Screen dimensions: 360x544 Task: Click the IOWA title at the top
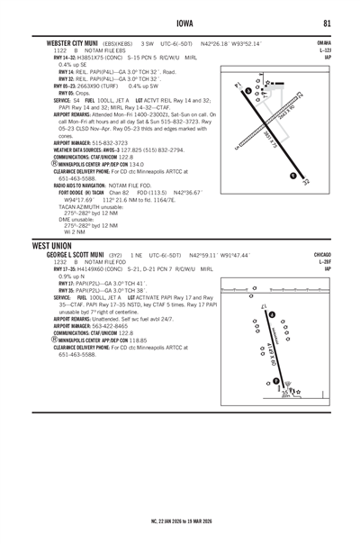[180, 23]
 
